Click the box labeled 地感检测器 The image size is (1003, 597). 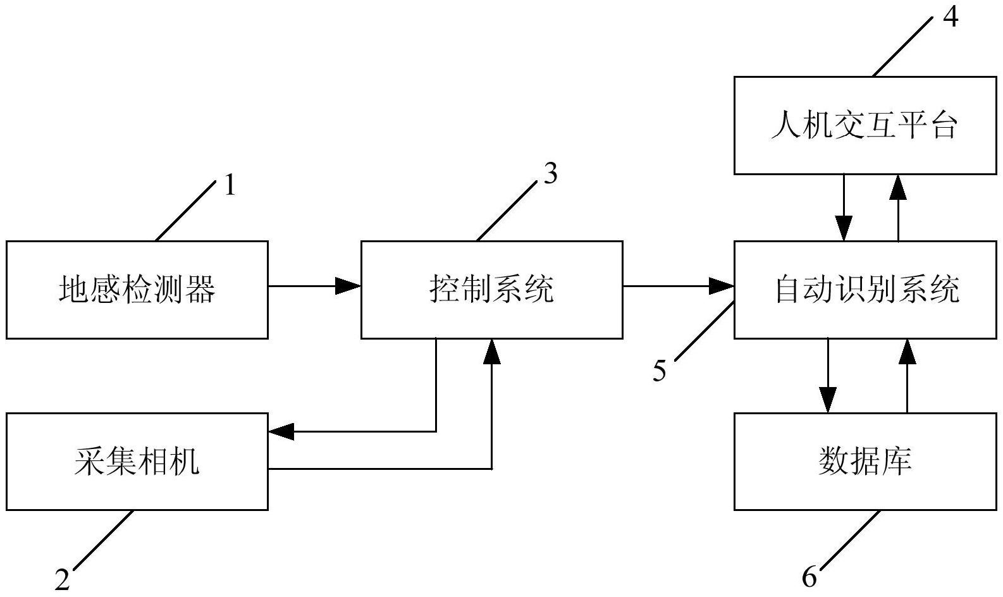(137, 290)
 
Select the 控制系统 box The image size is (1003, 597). (491, 290)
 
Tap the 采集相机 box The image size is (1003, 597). (137, 461)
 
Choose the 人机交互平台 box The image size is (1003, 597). (865, 125)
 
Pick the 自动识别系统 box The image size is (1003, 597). (865, 290)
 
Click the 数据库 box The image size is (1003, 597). (865, 461)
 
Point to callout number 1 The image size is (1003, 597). (230, 186)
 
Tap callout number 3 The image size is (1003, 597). (550, 174)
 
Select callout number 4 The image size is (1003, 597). (950, 16)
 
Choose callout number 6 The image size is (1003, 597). (809, 576)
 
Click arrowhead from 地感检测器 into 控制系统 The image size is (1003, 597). (348, 286)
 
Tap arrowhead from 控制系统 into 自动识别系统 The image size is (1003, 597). (721, 286)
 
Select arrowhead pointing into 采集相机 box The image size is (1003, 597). (281, 432)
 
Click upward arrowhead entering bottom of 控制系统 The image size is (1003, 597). (491, 352)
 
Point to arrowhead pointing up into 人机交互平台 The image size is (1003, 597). (898, 187)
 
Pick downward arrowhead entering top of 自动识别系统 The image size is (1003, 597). (843, 228)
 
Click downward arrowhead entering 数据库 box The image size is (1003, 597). (828, 400)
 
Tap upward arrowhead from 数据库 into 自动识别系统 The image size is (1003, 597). (908, 352)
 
